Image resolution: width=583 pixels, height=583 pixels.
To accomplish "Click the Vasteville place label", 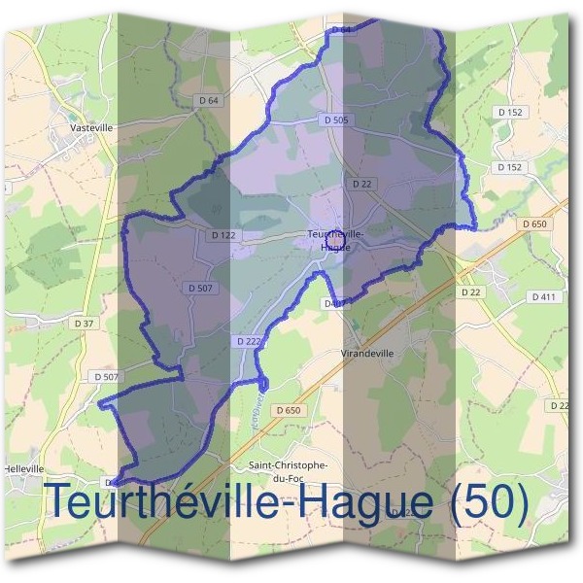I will point(92,126).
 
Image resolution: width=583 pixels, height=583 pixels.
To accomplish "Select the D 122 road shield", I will point(223,234).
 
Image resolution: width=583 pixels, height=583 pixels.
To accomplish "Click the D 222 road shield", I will point(248,341).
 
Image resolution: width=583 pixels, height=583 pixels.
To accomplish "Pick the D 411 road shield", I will point(544,295).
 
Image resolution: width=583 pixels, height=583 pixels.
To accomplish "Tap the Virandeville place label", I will point(368,354).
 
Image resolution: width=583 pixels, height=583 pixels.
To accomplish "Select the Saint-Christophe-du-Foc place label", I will point(289,471).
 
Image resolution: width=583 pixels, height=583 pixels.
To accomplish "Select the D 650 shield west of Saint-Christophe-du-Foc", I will point(289,411).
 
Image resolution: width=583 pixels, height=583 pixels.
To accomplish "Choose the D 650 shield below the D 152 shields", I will point(534,223).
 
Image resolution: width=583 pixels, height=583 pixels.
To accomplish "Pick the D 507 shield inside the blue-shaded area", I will point(197,288).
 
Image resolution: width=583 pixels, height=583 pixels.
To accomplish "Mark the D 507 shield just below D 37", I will point(107,376).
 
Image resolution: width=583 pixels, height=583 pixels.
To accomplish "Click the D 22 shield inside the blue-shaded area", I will point(362,183).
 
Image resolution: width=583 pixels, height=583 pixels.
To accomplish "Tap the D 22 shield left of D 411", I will point(471,291).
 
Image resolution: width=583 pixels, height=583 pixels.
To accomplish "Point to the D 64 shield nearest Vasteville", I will point(209,100).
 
